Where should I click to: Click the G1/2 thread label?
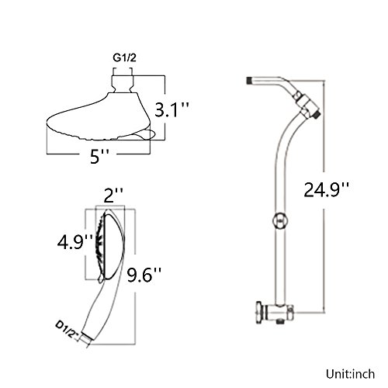124,58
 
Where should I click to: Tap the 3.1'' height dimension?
171,109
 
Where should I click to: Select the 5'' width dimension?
99,156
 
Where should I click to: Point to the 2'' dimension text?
113,196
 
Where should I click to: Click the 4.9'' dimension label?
75,242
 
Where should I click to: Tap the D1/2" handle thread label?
67,329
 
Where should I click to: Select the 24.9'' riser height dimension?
326,189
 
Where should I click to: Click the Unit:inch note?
350,374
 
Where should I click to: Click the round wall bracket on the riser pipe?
280,220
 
